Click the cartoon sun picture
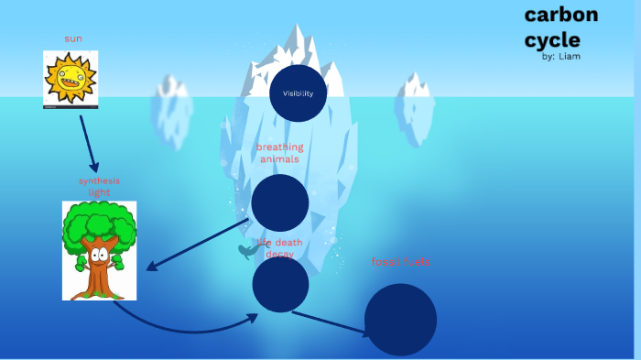pos(71,80)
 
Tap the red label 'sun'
pos(73,38)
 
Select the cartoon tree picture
pos(99,250)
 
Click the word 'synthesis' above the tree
pos(99,180)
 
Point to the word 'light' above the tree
pos(100,192)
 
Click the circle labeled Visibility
pos(299,93)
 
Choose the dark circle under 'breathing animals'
pos(280,202)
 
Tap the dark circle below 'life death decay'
pos(280,284)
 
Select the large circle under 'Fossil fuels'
pos(400,320)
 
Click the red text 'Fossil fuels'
pos(401,262)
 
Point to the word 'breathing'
pos(279,147)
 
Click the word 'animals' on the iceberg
pos(279,158)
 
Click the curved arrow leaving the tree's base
pos(183,326)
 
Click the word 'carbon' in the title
pos(560,15)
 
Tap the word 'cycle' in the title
pos(552,39)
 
